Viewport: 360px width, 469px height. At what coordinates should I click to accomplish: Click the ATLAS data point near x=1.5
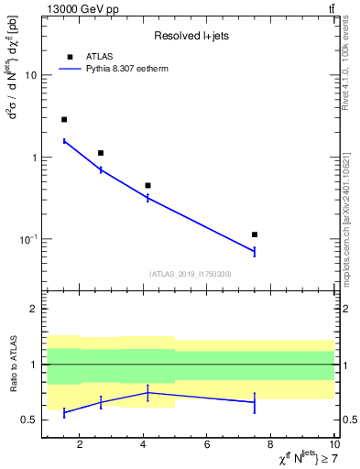64,119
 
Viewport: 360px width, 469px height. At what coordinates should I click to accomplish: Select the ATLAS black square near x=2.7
101,153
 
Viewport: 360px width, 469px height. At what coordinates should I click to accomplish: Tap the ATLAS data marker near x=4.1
147,185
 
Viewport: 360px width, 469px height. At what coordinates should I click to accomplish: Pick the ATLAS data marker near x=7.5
255,234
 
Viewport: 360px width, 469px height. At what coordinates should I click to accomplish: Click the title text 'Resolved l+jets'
190,36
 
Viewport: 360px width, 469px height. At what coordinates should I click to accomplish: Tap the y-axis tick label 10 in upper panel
30,75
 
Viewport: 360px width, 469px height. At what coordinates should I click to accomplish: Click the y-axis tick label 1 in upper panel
33,158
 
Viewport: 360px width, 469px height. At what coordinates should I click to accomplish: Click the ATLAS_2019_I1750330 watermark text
190,273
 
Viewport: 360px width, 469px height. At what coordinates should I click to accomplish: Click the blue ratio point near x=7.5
255,402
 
